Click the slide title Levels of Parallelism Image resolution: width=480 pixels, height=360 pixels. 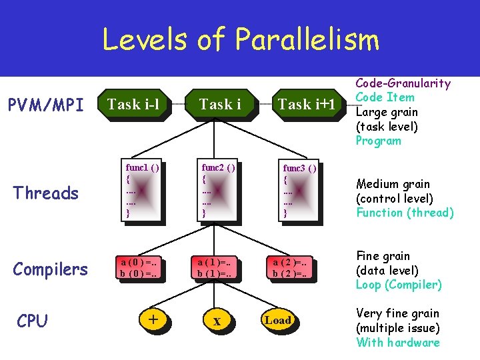click(240, 39)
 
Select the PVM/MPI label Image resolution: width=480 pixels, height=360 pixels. click(45, 105)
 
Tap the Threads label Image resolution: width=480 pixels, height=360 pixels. click(46, 193)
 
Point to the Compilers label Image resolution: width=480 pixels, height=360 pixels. click(50, 269)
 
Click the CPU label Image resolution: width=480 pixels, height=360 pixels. click(32, 321)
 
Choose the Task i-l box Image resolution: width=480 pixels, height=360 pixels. click(133, 104)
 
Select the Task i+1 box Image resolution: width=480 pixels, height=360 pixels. click(304, 104)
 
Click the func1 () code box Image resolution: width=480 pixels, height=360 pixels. click(141, 189)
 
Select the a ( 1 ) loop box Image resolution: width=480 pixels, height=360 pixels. click(216, 267)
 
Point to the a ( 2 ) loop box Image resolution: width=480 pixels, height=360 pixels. click(294, 267)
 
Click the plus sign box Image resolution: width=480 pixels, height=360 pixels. click(153, 320)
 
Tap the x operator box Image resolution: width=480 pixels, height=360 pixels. click(216, 321)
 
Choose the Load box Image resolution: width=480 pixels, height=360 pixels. click(277, 320)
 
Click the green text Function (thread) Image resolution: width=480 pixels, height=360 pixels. click(405, 213)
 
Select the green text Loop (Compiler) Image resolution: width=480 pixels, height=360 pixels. click(399, 285)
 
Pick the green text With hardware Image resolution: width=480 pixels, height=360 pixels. click(398, 343)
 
